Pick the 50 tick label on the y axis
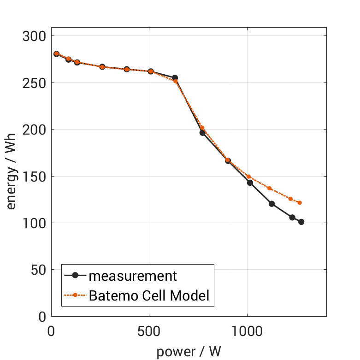point(36,270)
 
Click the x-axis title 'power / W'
point(189,352)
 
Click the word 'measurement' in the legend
point(133,276)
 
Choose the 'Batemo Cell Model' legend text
point(149,295)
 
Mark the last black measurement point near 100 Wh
point(301,222)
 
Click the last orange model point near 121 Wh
point(300,203)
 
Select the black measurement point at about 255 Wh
point(175,78)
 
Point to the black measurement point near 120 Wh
point(271,204)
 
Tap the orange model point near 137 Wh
point(269,188)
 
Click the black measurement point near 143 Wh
point(250,183)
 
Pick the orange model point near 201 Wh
point(202,128)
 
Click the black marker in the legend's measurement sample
point(75,276)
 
